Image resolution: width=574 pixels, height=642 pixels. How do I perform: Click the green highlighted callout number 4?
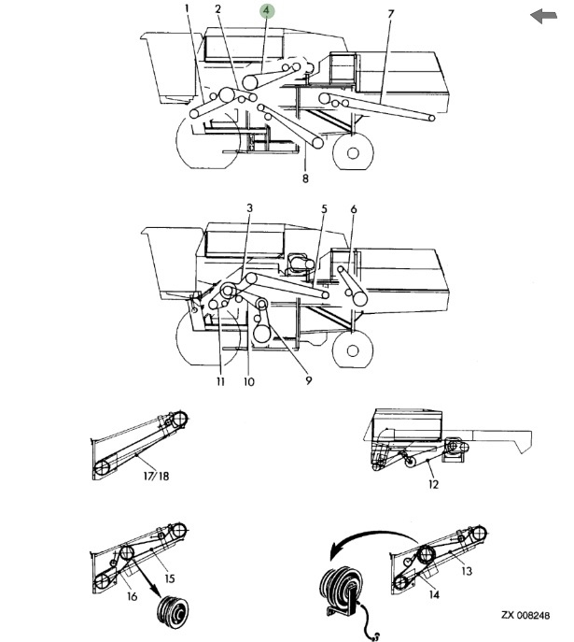267,11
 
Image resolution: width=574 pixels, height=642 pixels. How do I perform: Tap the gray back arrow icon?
544,16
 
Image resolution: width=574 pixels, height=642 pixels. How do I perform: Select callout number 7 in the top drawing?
390,14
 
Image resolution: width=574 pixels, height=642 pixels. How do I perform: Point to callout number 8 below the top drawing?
305,178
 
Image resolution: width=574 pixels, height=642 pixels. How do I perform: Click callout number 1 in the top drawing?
188,8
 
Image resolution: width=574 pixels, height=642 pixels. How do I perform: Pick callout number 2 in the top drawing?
217,8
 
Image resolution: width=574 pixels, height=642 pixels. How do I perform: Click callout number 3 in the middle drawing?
250,208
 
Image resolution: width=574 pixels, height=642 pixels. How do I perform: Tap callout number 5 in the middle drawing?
324,208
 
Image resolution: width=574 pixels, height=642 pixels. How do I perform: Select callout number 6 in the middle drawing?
354,209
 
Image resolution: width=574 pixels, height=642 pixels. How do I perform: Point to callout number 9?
309,380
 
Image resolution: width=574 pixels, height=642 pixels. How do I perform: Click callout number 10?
249,381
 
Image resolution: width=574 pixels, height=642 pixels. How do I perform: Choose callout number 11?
221,381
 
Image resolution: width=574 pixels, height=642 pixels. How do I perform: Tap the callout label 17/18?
156,476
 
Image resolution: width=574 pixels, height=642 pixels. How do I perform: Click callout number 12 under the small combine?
433,484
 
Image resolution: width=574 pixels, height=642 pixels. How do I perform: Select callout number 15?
170,578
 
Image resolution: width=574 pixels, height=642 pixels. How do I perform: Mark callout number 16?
132,596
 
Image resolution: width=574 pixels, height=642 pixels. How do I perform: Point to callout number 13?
467,571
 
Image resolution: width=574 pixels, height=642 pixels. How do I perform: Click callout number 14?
434,594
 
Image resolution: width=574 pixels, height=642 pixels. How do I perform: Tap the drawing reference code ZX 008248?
525,615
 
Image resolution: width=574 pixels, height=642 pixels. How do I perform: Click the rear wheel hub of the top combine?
353,153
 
